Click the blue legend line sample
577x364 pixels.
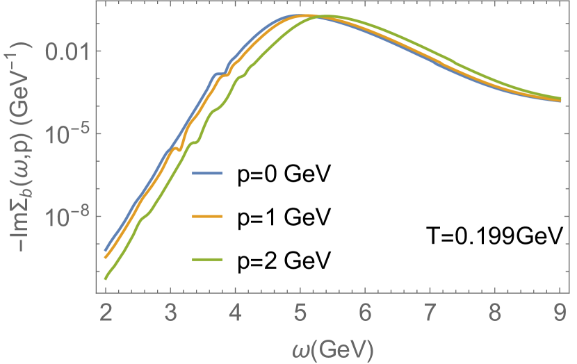(206, 173)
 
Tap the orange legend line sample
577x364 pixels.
(206, 217)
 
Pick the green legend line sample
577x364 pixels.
(206, 260)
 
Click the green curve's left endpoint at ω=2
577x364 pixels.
(106, 279)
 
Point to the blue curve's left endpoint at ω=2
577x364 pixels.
(106, 250)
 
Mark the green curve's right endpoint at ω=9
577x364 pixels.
(561, 98)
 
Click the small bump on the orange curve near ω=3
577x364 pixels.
(177, 148)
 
